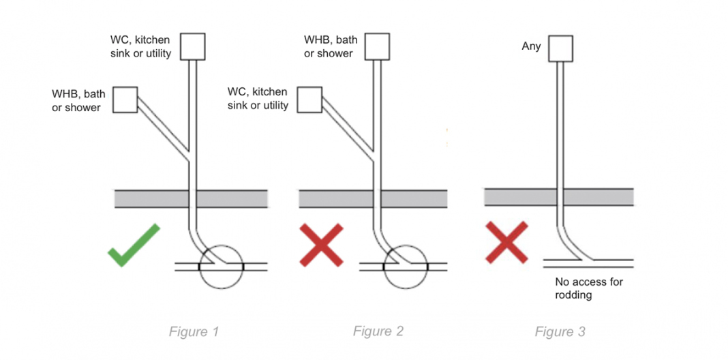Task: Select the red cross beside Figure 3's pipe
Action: pyautogui.click(x=506, y=241)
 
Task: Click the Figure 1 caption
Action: pyautogui.click(x=194, y=332)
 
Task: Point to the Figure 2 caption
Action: pyautogui.click(x=378, y=331)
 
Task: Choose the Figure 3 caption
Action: pyautogui.click(x=560, y=332)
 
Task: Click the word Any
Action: pyautogui.click(x=532, y=46)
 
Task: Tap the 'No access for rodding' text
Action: pyautogui.click(x=589, y=288)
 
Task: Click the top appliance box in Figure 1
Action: pyautogui.click(x=192, y=46)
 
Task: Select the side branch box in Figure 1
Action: pyautogui.click(x=125, y=100)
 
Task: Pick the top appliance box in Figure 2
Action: pyautogui.click(x=378, y=46)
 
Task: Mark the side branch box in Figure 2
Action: pyautogui.click(x=310, y=100)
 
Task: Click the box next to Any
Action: pyautogui.click(x=560, y=47)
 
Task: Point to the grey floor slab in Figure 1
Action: pyautogui.click(x=150, y=198)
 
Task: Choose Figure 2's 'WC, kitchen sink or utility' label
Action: pyautogui.click(x=258, y=99)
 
